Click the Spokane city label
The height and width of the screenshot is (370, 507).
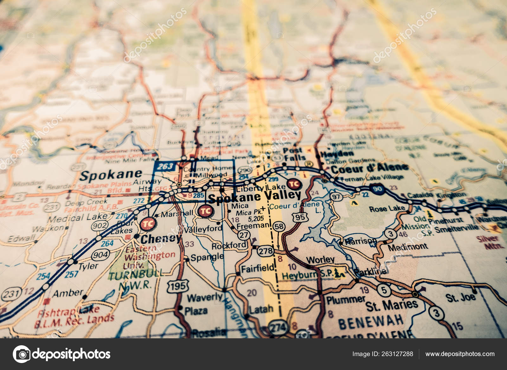pyautogui.click(x=111, y=175)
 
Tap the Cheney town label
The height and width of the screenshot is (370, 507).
pyautogui.click(x=161, y=238)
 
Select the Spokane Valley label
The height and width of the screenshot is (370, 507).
pyautogui.click(x=254, y=197)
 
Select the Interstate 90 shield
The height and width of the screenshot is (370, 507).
pyautogui.click(x=377, y=189)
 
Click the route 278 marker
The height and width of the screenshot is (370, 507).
pyautogui.click(x=265, y=251)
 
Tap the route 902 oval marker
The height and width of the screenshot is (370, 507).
pyautogui.click(x=99, y=226)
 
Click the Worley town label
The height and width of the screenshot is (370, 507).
pyautogui.click(x=320, y=260)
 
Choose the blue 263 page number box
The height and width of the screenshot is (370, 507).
pyautogui.click(x=165, y=166)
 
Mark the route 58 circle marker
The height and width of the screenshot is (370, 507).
pyautogui.click(x=279, y=226)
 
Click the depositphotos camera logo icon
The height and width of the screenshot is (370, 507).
pyautogui.click(x=22, y=354)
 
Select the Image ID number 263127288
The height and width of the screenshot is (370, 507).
pyautogui.click(x=396, y=354)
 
